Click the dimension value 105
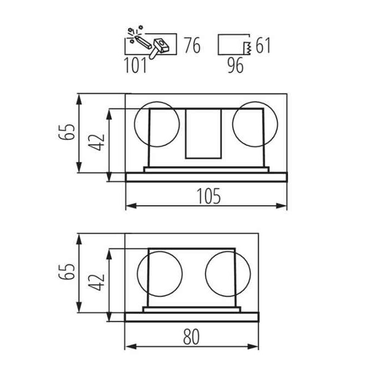(x=208, y=196)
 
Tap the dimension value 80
(x=191, y=337)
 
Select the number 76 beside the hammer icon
(x=193, y=45)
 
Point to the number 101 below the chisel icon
(x=136, y=65)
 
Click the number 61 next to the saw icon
(x=263, y=45)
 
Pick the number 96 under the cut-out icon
(x=235, y=65)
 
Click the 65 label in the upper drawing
(x=67, y=132)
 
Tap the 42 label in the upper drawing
(x=96, y=143)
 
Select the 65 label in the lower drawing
(x=67, y=271)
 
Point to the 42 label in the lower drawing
(x=96, y=282)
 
